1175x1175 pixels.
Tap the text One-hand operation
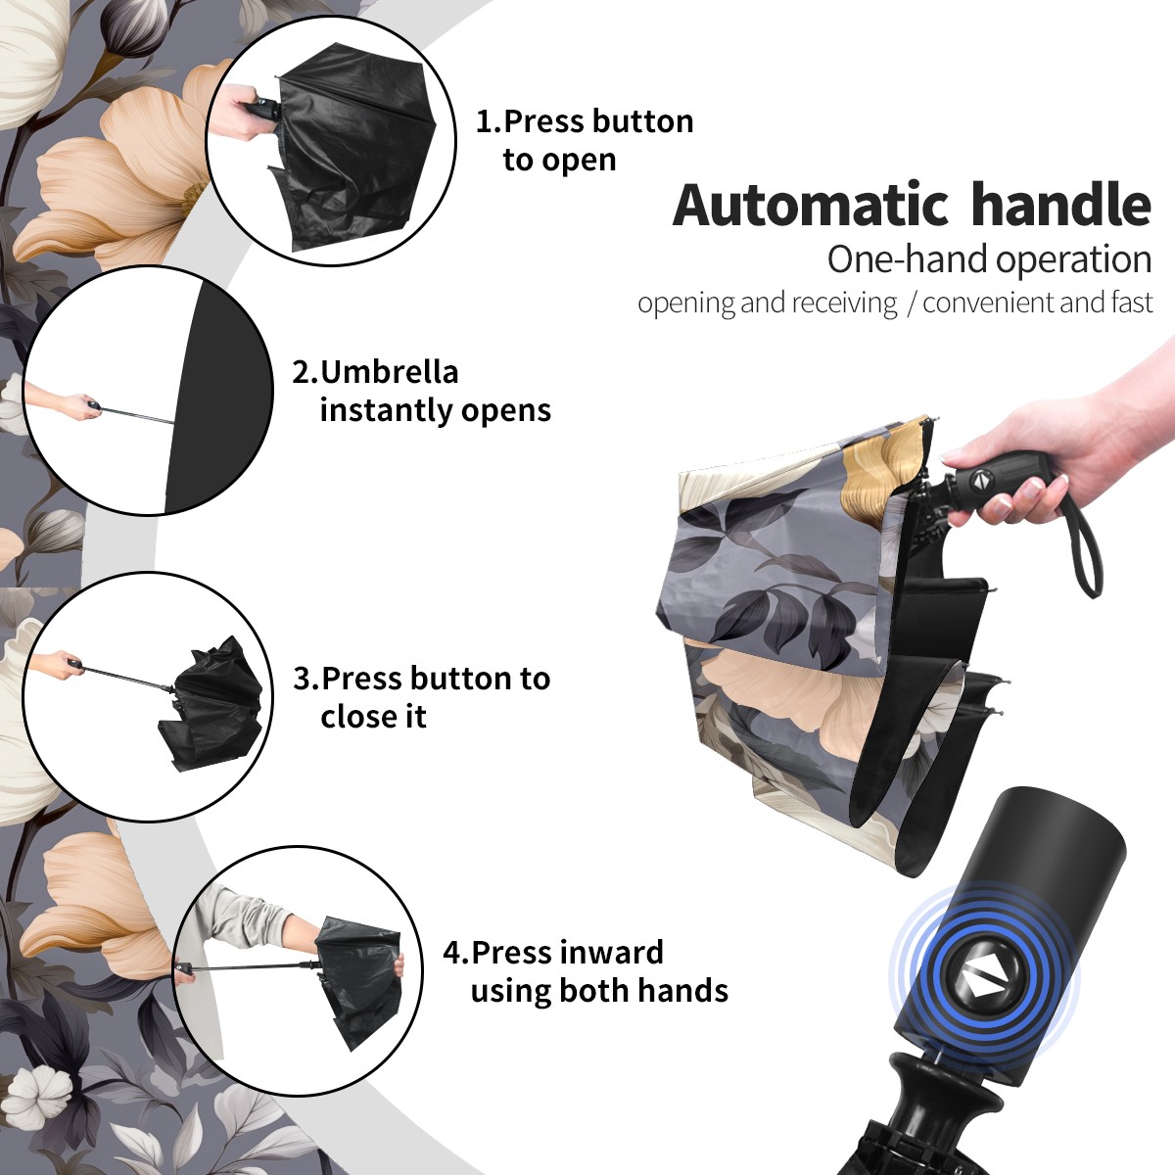(989, 259)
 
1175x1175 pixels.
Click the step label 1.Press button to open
(585, 140)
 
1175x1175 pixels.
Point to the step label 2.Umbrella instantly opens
(421, 391)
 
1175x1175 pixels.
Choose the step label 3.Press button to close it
(421, 697)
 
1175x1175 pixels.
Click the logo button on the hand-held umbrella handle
(980, 479)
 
